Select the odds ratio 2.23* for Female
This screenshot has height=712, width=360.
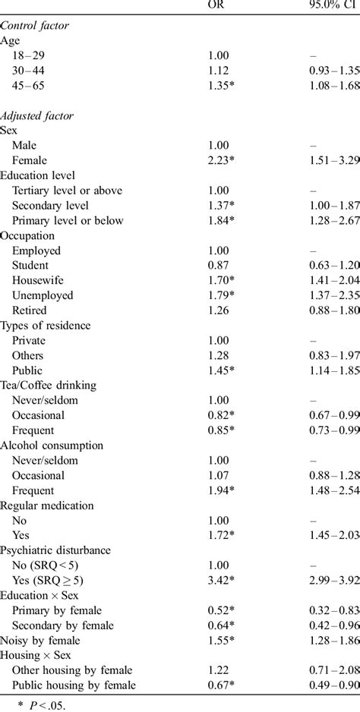pyautogui.click(x=221, y=159)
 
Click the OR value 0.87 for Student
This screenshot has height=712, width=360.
pyautogui.click(x=218, y=265)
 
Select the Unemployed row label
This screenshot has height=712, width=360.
pyautogui.click(x=43, y=295)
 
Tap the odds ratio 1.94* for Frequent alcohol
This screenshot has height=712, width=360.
pyautogui.click(x=221, y=490)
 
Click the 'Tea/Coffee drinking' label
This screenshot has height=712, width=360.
pyautogui.click(x=49, y=385)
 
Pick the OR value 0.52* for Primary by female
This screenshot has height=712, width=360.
pyautogui.click(x=221, y=610)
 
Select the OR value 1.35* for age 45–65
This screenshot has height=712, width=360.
pyautogui.click(x=221, y=85)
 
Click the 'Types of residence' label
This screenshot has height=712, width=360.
pyautogui.click(x=46, y=325)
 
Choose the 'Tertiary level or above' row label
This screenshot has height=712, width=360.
pyautogui.click(x=67, y=190)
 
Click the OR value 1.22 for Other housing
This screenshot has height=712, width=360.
pyautogui.click(x=218, y=669)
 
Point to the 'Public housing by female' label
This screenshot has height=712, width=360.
pyautogui.click(x=73, y=685)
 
